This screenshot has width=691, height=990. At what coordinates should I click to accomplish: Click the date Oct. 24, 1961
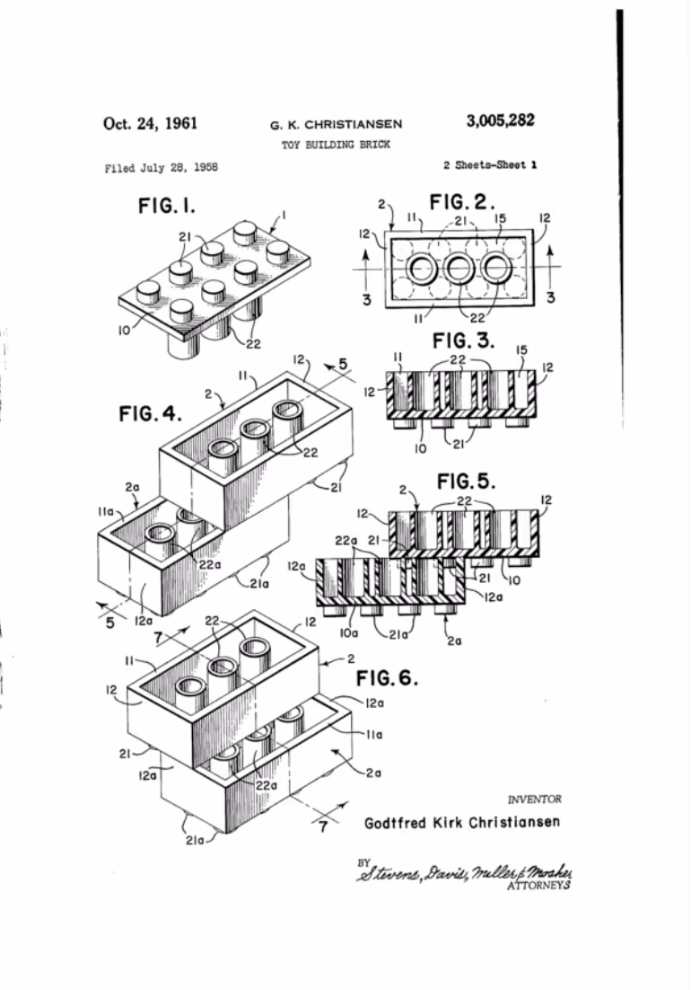pos(150,123)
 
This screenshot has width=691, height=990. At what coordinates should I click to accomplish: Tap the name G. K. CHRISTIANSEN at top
pos(337,125)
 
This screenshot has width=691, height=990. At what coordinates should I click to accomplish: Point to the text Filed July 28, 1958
pos(161,167)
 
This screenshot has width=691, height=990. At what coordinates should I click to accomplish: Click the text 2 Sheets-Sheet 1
pos(490,165)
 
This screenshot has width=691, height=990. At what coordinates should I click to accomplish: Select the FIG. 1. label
pos(167,207)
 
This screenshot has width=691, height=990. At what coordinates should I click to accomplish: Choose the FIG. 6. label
pos(388,676)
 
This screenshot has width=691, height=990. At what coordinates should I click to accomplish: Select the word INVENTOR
pos(535,799)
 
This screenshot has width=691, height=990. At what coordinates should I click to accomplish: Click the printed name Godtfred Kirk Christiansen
pos(462,823)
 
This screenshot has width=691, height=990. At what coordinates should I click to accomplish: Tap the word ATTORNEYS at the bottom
pos(540,885)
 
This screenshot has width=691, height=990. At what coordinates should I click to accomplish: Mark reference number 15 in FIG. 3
pos(519,349)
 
